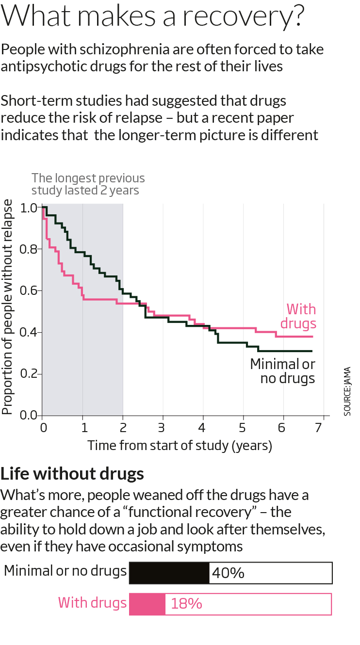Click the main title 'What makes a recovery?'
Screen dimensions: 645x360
153,17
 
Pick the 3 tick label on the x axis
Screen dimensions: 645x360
163,428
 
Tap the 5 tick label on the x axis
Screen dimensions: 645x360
243,428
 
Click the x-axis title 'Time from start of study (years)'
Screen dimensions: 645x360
180,445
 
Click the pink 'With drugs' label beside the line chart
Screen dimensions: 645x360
301,316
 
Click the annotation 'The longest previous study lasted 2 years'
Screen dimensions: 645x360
88,184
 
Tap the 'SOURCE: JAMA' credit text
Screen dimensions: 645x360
347,390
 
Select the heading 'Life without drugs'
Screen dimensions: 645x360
72,473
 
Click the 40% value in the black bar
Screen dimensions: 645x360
228,573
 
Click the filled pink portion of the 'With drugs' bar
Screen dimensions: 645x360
147,604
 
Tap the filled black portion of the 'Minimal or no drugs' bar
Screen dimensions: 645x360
169,573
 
